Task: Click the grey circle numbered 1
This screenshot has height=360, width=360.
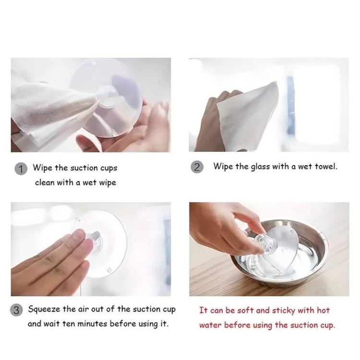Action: (x=21, y=169)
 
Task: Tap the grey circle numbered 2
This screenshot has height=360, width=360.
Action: (x=197, y=167)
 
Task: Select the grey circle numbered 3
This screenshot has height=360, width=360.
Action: (x=16, y=311)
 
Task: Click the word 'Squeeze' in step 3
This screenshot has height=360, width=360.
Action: (x=44, y=310)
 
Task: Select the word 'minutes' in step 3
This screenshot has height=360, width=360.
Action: (x=92, y=324)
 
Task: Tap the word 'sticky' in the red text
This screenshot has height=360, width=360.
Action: (x=284, y=311)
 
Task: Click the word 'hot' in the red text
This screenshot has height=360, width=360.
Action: (x=323, y=311)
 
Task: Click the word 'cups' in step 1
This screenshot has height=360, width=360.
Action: (x=109, y=168)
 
